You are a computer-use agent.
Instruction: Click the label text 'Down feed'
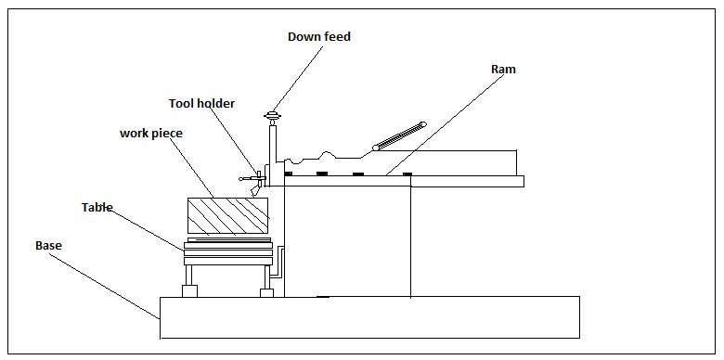[319, 37]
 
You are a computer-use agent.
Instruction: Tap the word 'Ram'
[503, 70]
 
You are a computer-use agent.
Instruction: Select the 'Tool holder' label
[201, 104]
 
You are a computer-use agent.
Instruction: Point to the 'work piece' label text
[151, 134]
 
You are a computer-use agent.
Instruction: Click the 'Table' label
[97, 208]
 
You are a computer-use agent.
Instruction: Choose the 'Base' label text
[48, 246]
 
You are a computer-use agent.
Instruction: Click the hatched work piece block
[227, 215]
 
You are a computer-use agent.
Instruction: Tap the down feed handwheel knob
[272, 116]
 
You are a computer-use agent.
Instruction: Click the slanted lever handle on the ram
[399, 135]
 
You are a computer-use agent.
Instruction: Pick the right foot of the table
[266, 293]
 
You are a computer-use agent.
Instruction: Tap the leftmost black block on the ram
[289, 174]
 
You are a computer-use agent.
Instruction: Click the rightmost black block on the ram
[406, 174]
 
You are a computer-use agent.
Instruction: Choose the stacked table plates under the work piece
[227, 249]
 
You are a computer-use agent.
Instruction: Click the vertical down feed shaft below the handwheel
[273, 144]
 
